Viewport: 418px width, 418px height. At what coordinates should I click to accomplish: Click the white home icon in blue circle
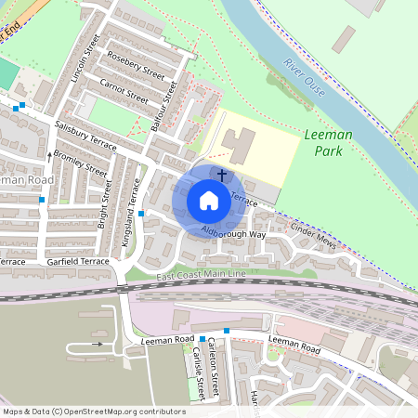coord(208,200)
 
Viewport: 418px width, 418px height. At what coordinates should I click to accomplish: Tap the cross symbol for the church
coord(221,174)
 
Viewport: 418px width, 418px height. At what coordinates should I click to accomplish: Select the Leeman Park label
coord(328,141)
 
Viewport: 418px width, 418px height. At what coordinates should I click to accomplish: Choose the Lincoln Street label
coord(84,58)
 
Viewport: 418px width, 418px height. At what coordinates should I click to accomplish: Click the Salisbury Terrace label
coord(85,135)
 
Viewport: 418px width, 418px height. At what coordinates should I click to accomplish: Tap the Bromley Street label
coord(80,162)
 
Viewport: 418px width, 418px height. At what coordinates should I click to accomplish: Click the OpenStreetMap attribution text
coord(94,411)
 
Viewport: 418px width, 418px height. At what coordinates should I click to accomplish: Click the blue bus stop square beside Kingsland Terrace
coord(141,214)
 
